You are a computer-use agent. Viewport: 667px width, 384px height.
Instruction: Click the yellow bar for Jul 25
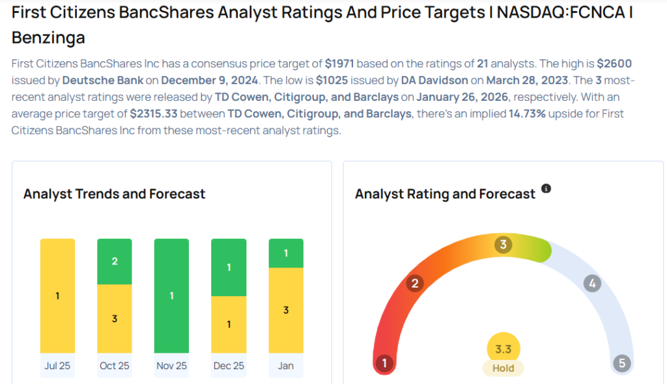coord(57,296)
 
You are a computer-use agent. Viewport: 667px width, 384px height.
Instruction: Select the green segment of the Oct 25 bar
coord(115,262)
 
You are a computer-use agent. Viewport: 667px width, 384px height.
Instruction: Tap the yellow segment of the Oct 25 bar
coord(115,319)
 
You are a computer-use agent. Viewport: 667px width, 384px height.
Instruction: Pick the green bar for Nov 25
coord(171,296)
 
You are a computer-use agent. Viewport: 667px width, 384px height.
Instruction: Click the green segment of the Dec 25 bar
coord(229,267)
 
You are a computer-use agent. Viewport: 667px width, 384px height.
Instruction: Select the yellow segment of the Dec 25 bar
coord(229,324)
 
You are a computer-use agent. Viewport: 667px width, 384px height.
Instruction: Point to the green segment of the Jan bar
coord(286,253)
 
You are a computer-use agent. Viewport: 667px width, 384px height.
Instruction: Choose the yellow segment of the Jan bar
coord(286,310)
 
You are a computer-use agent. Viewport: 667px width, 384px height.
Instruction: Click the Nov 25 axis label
coord(171,366)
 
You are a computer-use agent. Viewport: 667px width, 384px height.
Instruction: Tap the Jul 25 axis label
coord(57,366)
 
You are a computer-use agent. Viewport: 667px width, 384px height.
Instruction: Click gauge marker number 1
coord(385,363)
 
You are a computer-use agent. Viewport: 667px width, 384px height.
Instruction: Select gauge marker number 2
coord(414,283)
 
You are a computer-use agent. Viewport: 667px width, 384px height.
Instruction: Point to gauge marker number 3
coord(503,245)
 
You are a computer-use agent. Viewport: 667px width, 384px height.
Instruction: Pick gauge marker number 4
coord(591,283)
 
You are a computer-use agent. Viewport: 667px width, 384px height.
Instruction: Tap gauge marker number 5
coord(621,363)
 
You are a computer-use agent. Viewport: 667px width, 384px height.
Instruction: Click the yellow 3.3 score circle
coord(503,350)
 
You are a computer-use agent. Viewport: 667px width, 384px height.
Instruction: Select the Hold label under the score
coord(503,368)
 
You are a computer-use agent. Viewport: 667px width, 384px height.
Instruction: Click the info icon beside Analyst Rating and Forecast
coord(546,189)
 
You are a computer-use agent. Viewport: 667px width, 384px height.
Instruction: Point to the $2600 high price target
coord(614,64)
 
